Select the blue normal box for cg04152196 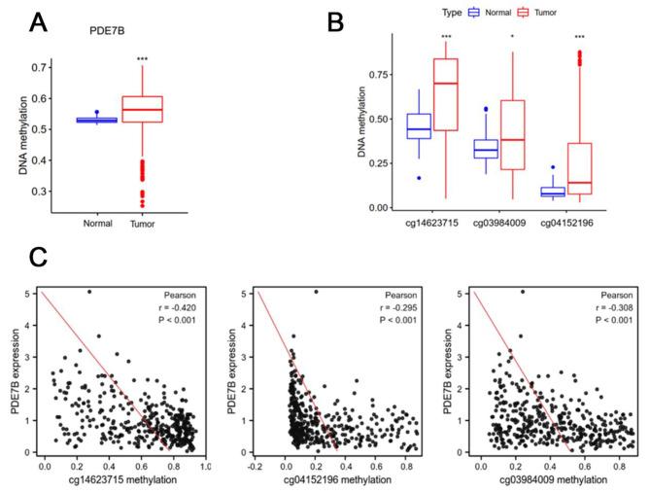(x=553, y=192)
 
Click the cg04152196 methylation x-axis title (x=333, y=480)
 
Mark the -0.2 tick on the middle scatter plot (x=256, y=466)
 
